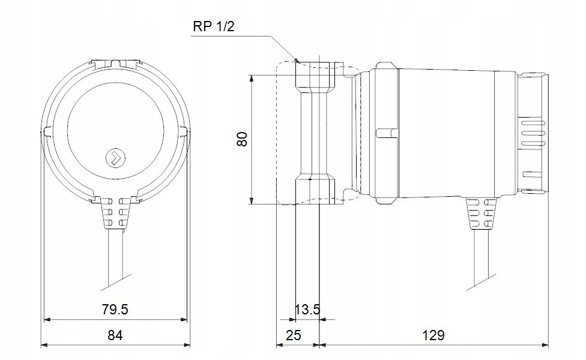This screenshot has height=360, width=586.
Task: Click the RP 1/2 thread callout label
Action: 214,26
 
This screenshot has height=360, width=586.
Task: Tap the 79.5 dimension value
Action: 115,309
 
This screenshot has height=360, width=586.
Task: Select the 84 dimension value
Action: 115,335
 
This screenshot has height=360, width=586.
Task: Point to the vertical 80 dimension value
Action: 243,139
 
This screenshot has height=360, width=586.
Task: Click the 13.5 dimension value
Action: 307,309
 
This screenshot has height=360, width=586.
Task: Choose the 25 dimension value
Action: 293,335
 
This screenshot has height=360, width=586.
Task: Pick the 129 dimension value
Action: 433,335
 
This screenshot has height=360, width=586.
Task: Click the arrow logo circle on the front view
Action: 115,158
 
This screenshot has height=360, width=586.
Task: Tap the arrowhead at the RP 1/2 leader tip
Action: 297,60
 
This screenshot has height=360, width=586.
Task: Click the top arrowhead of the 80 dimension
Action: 252,79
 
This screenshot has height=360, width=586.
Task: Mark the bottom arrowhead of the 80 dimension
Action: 252,200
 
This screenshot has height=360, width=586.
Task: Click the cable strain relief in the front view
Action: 115,213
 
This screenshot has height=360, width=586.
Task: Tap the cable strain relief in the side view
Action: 481,213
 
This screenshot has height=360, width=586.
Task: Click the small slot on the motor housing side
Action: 387,133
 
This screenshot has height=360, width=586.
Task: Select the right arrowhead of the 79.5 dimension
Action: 183,320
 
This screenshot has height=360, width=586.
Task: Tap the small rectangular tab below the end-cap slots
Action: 534,175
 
